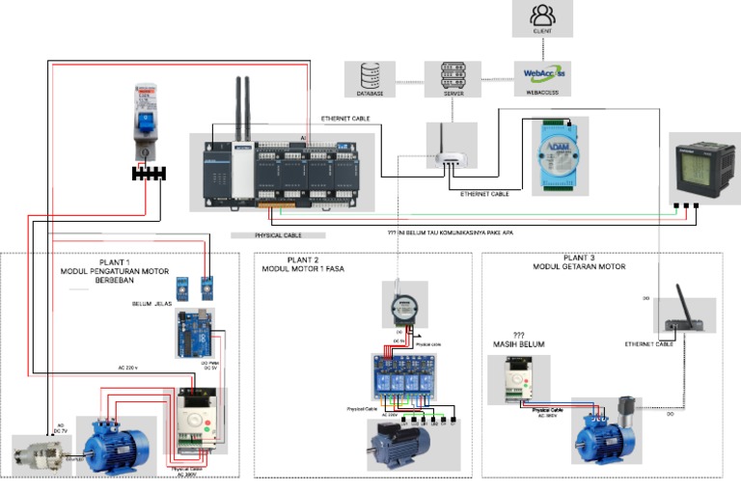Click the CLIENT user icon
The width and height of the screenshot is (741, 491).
coord(542,15)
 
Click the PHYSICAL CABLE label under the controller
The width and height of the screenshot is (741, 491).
coord(279,234)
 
